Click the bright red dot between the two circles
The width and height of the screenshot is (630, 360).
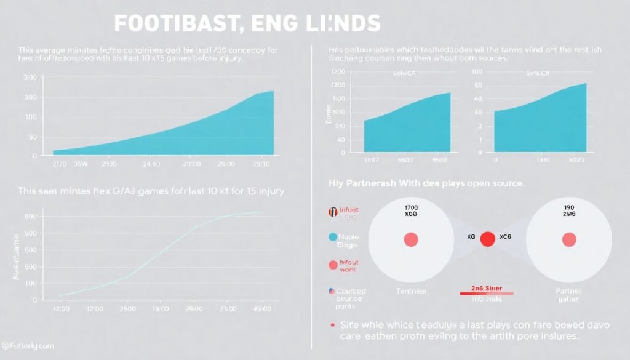click(488, 239)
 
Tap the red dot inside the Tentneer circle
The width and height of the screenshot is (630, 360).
click(410, 240)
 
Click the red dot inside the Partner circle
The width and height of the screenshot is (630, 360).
click(569, 240)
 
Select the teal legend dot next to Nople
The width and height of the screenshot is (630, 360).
click(333, 237)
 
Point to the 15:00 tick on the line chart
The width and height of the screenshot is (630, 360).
click(161, 308)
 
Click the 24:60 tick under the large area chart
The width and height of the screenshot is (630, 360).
click(151, 165)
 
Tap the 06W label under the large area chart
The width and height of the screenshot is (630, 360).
click(81, 165)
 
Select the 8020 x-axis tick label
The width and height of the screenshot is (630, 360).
click(577, 159)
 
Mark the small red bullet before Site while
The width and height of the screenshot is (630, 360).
click(333, 324)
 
